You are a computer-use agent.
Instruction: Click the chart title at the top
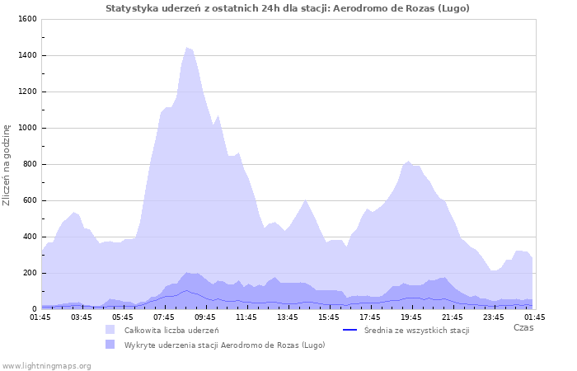tap(288, 8)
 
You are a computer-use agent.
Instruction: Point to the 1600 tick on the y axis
tap(26, 19)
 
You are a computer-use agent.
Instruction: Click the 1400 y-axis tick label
tap(26, 55)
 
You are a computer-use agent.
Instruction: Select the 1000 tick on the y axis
tap(26, 128)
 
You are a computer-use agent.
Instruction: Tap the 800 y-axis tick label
tap(29, 164)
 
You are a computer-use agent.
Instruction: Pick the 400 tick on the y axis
tap(29, 237)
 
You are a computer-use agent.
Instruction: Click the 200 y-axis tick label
tap(29, 273)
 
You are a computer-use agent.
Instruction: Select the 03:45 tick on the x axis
tap(82, 317)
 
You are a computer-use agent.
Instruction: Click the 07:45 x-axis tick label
tap(164, 317)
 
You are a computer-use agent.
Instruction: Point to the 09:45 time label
tap(205, 317)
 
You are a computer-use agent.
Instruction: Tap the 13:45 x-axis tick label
tap(288, 317)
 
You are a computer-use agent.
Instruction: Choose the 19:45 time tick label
tap(411, 317)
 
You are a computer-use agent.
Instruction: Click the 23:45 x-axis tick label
tap(494, 317)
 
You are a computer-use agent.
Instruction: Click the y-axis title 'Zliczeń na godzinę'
tap(7, 165)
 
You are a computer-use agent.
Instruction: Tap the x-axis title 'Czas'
tap(523, 328)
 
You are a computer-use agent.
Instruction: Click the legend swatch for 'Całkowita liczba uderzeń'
tap(110, 330)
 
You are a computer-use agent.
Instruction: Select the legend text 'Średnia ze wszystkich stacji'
tap(416, 331)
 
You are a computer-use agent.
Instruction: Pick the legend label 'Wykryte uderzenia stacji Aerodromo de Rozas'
tap(224, 345)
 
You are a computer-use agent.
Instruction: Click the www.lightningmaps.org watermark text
tap(46, 365)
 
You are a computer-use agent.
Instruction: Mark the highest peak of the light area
tap(187, 48)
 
